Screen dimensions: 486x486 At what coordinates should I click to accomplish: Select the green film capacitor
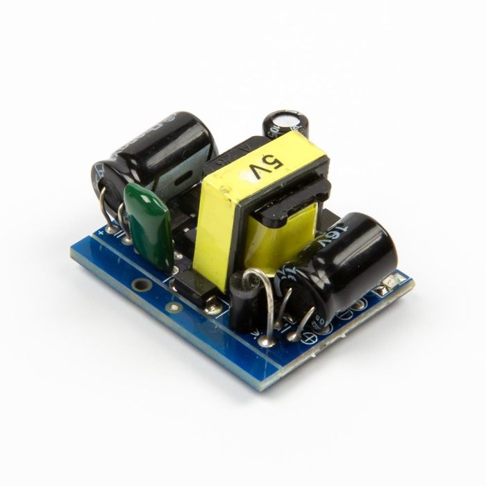pos(148,222)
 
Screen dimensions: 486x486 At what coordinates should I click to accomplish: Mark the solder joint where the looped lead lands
pos(265,340)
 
